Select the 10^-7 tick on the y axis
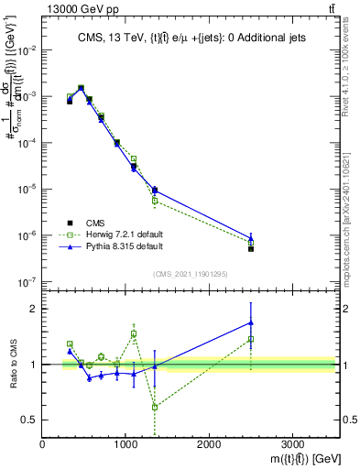(x=30, y=282)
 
